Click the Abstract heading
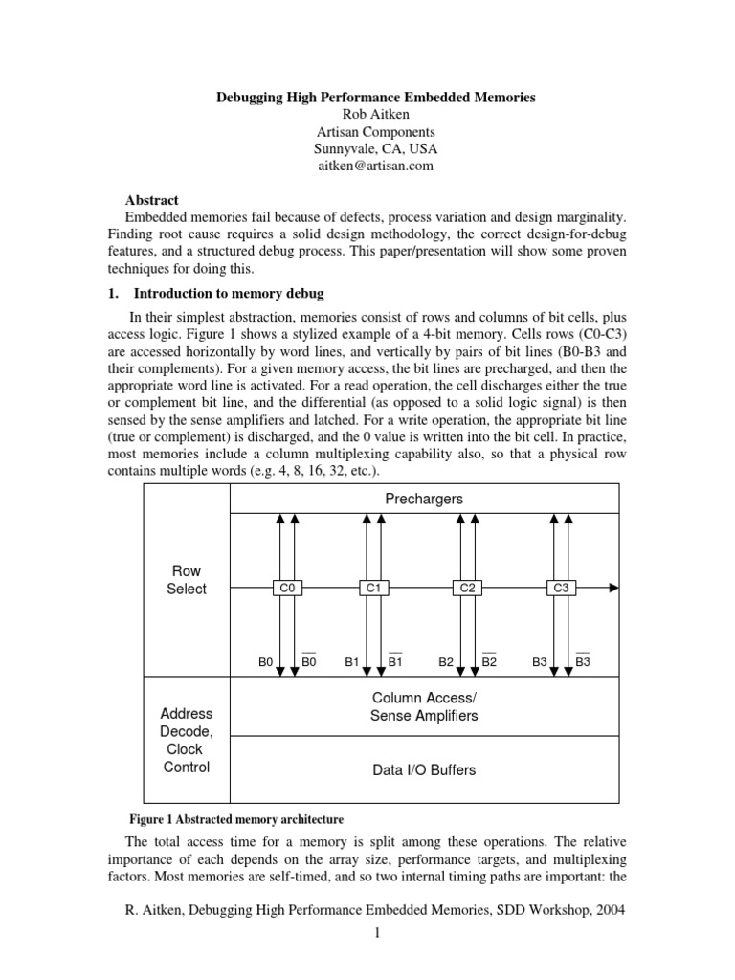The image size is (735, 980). (x=152, y=200)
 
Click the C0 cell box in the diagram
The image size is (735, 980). (x=286, y=588)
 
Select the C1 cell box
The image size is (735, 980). (x=373, y=588)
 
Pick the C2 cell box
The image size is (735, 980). (x=468, y=588)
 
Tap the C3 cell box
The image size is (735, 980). (x=562, y=588)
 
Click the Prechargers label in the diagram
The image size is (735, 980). (x=424, y=499)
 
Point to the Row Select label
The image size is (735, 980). (x=186, y=580)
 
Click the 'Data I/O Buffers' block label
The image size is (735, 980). (x=424, y=769)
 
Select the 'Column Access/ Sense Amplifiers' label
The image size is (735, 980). (x=424, y=706)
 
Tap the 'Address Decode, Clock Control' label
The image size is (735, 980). (x=186, y=741)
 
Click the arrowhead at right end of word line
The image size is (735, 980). (x=613, y=588)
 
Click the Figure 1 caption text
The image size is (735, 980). (x=235, y=819)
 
